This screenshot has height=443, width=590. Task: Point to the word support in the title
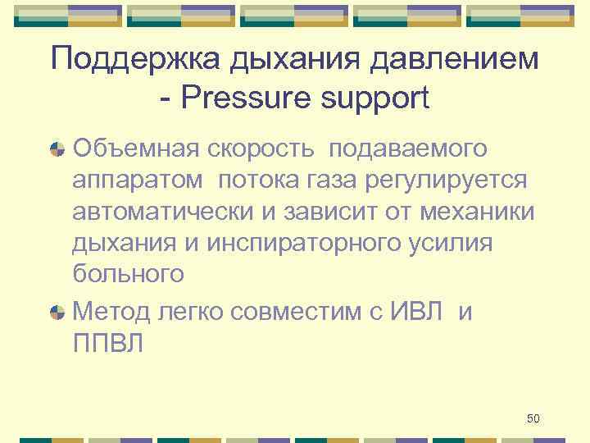click(x=382, y=99)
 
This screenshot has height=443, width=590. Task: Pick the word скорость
click(x=261, y=149)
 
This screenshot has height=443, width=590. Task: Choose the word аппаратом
click(x=138, y=180)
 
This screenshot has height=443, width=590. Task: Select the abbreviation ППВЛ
click(x=107, y=343)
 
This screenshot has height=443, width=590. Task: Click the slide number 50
click(x=533, y=419)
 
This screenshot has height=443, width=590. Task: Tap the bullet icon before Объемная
click(x=57, y=150)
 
